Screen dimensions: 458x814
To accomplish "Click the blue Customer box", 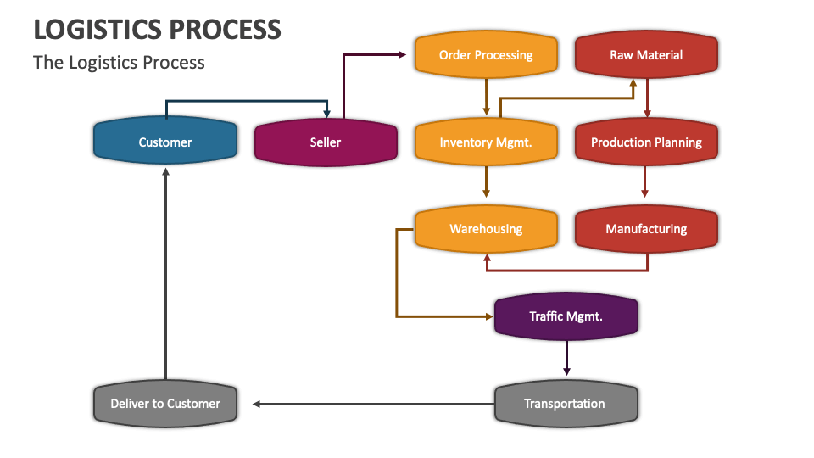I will (x=165, y=142).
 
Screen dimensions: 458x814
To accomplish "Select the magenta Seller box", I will (x=326, y=142).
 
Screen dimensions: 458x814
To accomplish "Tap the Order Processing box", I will (x=486, y=55).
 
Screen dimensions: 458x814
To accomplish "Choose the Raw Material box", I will (x=646, y=55).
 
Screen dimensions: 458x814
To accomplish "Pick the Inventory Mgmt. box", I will (x=486, y=142).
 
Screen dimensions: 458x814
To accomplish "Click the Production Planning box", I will (x=646, y=142).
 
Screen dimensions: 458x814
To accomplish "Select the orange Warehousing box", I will (x=486, y=229).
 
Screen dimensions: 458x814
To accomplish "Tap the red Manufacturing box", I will (x=646, y=229).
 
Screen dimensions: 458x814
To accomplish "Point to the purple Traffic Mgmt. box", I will (x=566, y=316).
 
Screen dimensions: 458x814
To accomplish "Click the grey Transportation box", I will (x=566, y=404).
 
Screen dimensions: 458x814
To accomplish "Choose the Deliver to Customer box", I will (x=165, y=404).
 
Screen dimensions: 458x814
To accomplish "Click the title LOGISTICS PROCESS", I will (x=158, y=29).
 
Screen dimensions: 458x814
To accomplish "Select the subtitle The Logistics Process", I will (x=119, y=62).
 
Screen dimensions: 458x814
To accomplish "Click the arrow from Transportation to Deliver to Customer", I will (x=373, y=404).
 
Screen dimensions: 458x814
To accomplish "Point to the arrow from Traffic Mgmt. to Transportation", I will (x=566, y=358).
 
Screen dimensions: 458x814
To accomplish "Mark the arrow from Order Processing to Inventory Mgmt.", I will (x=486, y=97).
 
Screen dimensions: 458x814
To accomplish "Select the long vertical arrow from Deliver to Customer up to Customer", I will (x=165, y=271).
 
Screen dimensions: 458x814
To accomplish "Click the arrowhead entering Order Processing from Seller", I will (x=401, y=54).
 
